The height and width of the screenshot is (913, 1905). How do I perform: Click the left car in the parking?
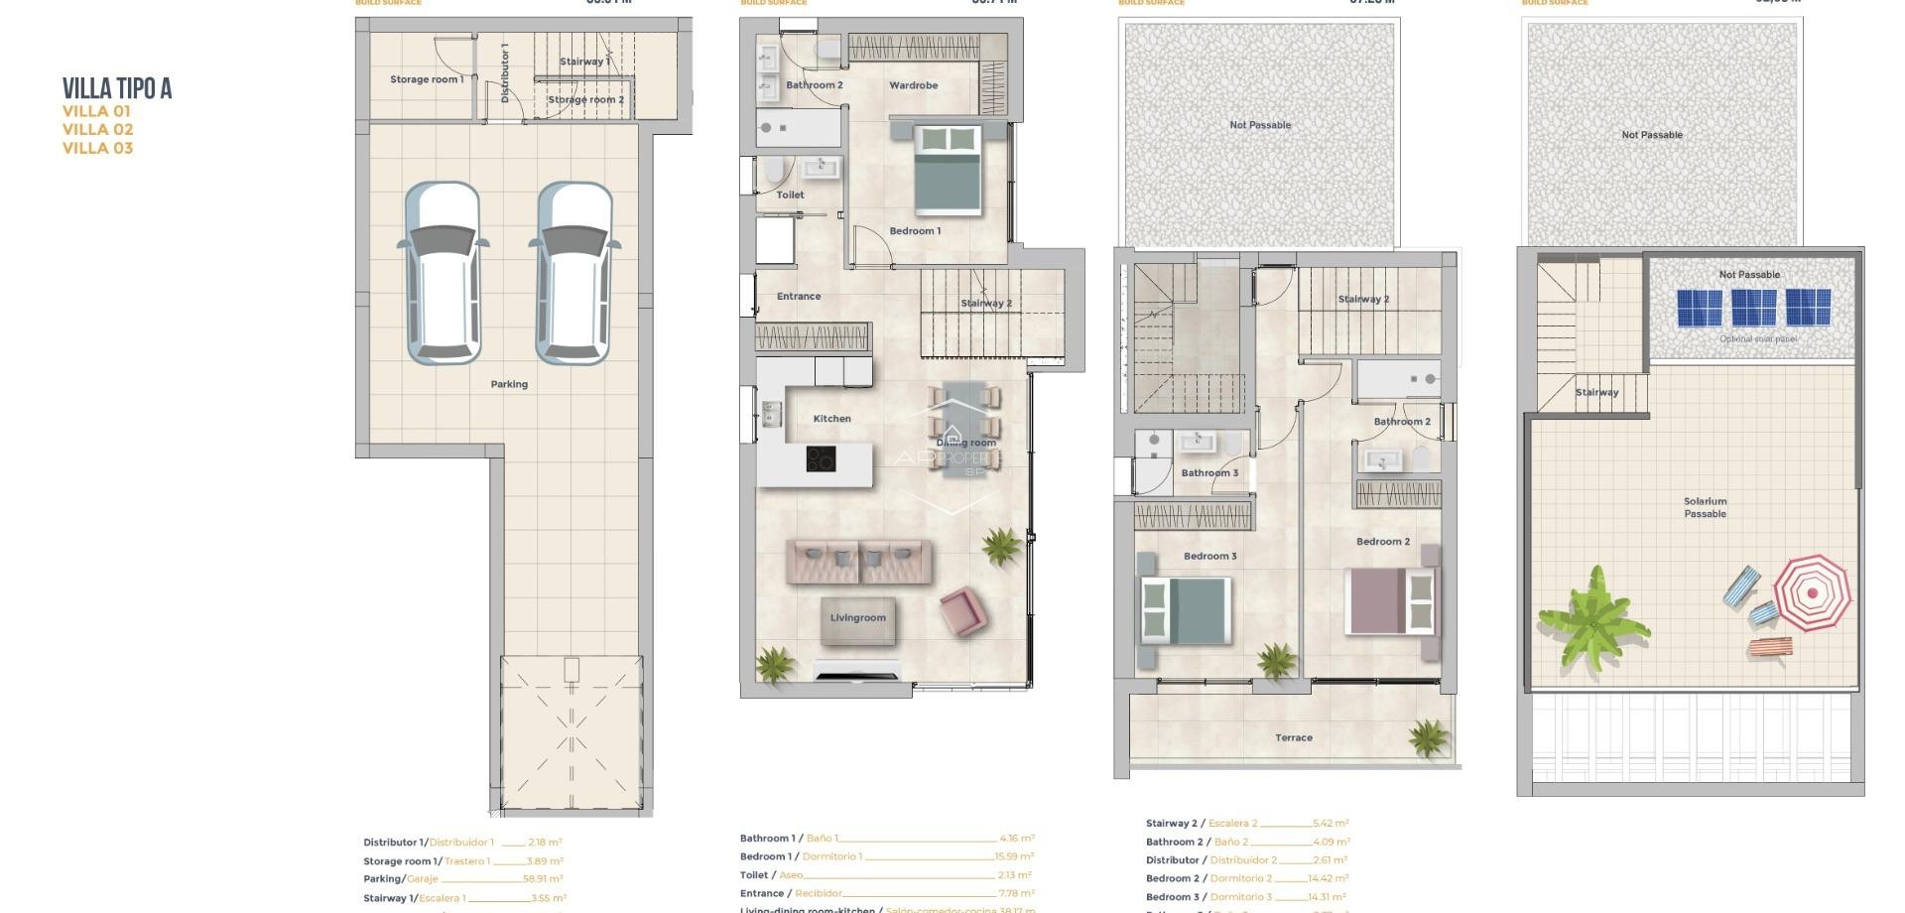coord(443,273)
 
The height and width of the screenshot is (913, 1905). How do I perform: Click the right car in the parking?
coord(574,273)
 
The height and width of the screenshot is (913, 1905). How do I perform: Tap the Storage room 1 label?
coord(426,79)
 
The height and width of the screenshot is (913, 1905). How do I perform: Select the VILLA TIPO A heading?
coord(117,89)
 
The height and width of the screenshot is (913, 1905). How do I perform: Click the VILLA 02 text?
coord(97,129)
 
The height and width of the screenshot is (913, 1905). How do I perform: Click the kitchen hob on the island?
coord(821,458)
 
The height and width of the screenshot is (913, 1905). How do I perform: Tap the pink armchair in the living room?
coord(961,610)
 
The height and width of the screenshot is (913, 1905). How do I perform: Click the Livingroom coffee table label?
coord(858,618)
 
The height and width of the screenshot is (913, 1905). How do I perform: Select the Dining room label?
coord(965,443)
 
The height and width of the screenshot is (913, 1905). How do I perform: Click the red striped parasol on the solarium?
coord(1812,593)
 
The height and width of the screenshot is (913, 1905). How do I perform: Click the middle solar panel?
coord(1753,308)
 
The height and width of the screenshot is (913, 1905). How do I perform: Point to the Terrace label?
coord(1293,737)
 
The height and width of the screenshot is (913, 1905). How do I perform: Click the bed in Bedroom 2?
coord(1391,600)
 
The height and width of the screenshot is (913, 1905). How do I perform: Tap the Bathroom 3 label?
coord(1209,472)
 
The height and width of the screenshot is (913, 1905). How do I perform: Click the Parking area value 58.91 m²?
coord(543,879)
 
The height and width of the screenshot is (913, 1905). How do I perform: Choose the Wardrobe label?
coord(913,85)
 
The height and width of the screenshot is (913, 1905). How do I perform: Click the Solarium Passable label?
coord(1705,507)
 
